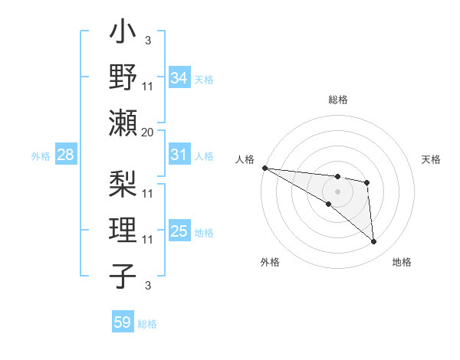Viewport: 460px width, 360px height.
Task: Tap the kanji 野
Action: tap(123, 78)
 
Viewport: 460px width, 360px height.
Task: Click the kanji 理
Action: tap(123, 227)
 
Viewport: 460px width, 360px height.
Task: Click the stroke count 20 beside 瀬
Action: tap(148, 132)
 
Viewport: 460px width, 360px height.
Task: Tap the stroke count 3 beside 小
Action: tap(148, 40)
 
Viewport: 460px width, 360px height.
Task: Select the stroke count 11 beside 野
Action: tap(148, 86)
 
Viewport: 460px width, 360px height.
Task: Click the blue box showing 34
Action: tap(179, 77)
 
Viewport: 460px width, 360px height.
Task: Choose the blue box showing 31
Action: tap(179, 155)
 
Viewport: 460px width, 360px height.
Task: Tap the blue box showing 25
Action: tap(179, 231)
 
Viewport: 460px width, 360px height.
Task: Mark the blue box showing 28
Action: tap(66, 155)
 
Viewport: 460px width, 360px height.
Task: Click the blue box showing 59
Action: tap(123, 322)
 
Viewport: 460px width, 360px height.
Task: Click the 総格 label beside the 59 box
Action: tap(148, 324)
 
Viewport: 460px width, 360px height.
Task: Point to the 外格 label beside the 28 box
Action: tap(41, 156)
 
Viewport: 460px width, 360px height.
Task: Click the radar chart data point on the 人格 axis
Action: tap(264, 168)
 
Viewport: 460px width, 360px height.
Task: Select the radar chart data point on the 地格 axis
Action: tap(374, 241)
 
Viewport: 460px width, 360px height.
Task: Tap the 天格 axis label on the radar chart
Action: tap(432, 159)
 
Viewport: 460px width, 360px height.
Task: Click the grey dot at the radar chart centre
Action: tap(337, 190)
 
